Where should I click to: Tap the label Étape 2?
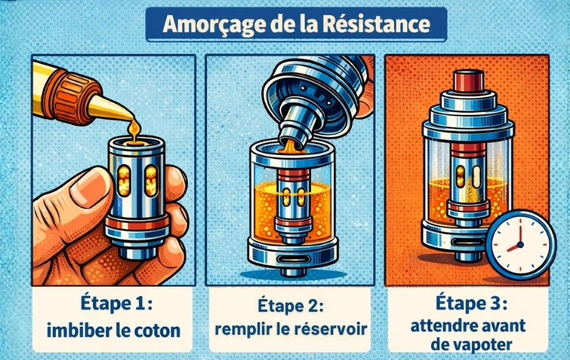click(287, 307)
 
